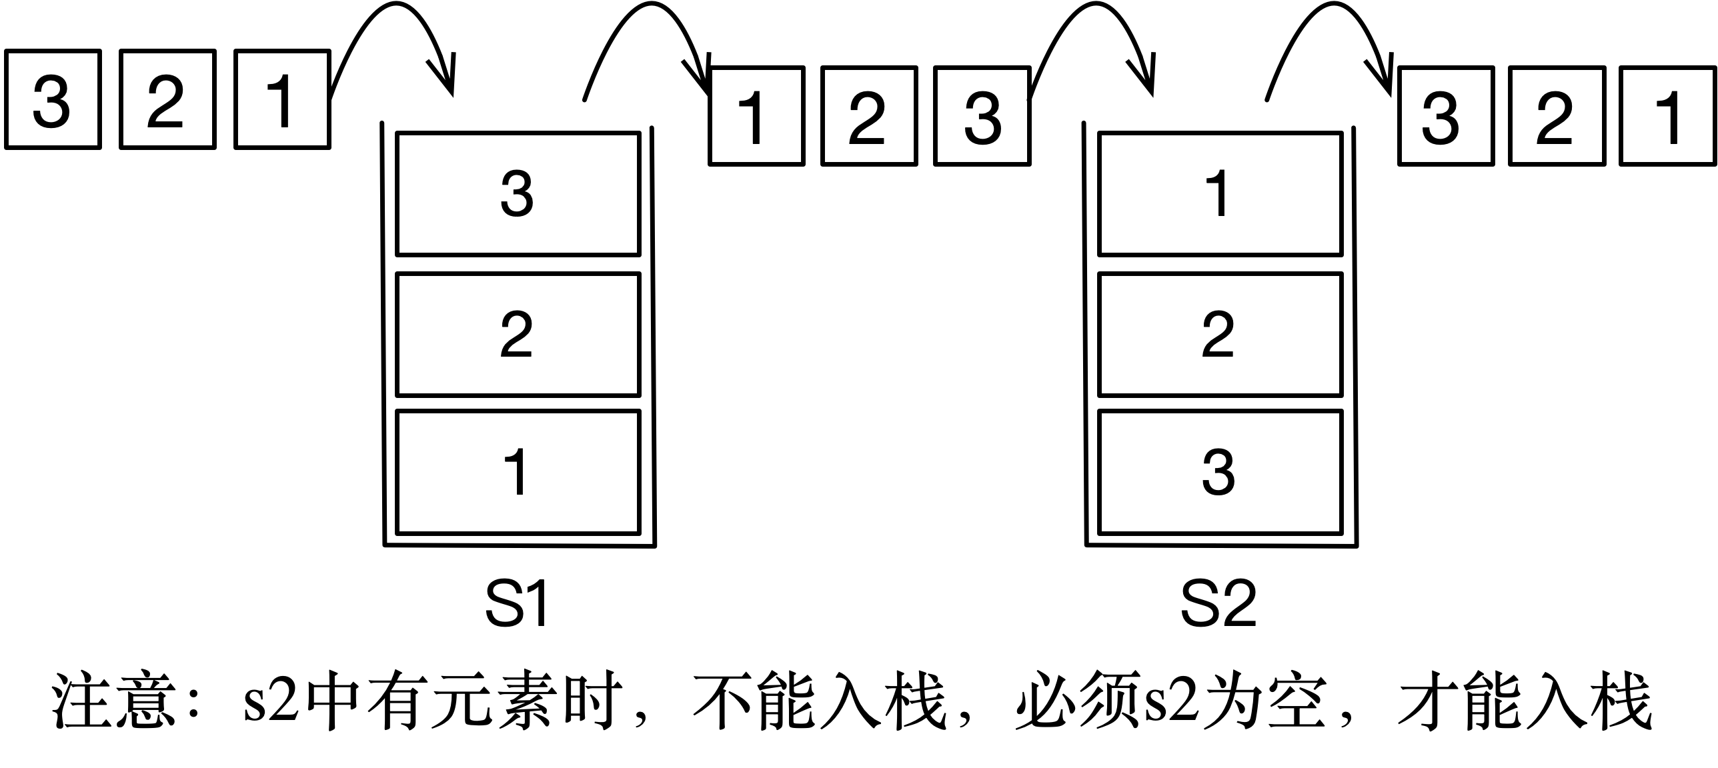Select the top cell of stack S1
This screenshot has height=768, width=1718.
pos(518,194)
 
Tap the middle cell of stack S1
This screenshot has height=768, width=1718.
pos(518,335)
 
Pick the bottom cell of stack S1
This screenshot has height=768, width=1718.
pos(518,473)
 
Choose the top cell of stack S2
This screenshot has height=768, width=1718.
pos(1219,194)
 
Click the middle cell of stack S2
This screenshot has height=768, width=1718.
pos(1219,335)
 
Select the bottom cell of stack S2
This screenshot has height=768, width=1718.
pos(1219,473)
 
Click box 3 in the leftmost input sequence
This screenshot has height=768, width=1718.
pos(53,99)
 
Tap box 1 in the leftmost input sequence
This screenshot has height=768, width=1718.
pos(282,99)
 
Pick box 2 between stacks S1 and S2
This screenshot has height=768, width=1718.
pos(868,116)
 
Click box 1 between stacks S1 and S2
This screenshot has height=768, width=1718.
pos(756,116)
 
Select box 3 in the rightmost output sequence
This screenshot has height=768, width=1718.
pos(1445,116)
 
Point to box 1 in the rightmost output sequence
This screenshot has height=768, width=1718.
pos(1668,116)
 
